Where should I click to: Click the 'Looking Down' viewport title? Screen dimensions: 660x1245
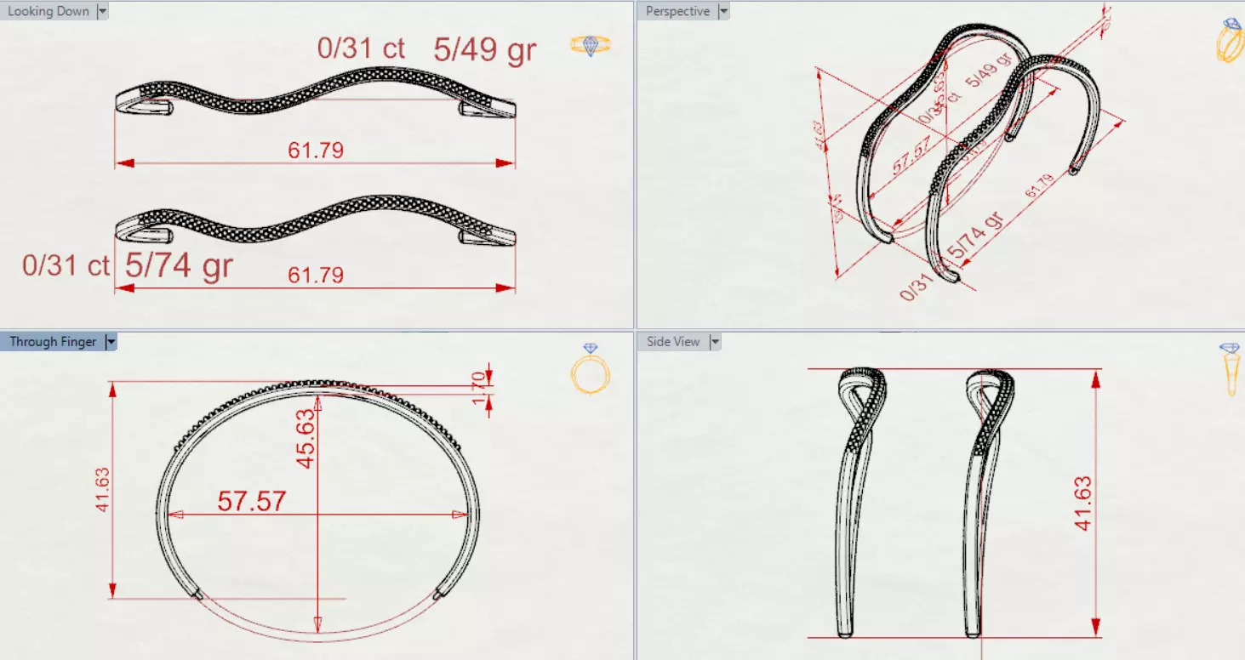[48, 12]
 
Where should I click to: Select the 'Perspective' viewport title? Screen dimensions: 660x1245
[677, 12]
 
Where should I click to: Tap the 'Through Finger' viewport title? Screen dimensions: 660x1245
[53, 342]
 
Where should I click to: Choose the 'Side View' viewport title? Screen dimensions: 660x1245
[673, 342]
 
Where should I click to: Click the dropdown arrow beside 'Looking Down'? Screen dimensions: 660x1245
[102, 12]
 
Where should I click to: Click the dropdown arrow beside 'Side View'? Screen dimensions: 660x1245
[715, 342]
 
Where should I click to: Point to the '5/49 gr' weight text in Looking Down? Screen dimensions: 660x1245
[484, 50]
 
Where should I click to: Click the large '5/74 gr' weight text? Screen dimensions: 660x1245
[179, 266]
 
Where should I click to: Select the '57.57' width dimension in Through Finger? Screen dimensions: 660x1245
[251, 501]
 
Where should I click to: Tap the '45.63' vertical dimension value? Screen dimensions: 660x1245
[306, 438]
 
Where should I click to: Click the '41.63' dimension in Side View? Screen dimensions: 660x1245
[1083, 504]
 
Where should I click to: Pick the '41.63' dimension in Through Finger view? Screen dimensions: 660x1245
[104, 490]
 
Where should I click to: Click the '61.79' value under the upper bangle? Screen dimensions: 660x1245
[316, 151]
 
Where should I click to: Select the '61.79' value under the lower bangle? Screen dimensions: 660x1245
[316, 276]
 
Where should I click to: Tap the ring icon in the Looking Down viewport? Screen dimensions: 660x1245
[590, 46]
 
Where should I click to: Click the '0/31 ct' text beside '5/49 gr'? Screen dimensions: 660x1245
[361, 48]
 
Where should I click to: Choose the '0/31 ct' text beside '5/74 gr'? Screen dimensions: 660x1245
[66, 265]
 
